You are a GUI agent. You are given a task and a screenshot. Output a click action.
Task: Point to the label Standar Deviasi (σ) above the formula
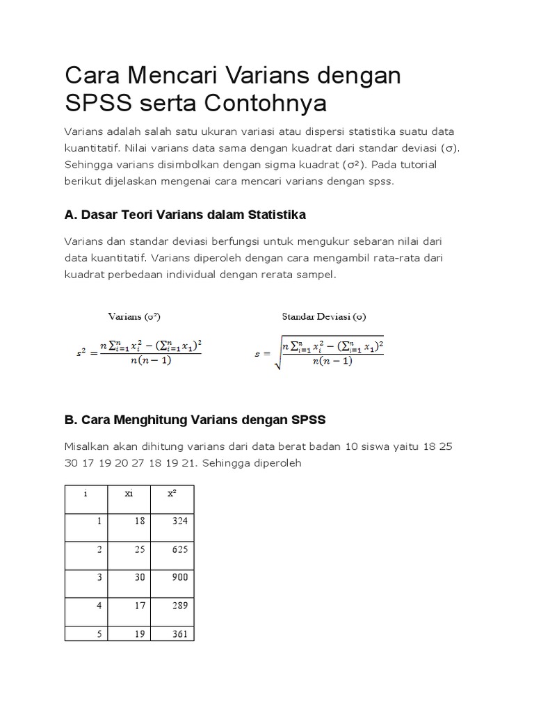tap(323, 316)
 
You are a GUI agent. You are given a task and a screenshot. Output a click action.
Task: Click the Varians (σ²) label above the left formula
tap(135, 316)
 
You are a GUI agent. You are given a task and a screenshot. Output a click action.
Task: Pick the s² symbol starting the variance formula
tap(83, 353)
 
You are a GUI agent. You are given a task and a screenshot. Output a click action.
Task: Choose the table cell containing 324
tap(179, 521)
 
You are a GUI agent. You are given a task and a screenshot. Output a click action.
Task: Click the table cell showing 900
tap(179, 577)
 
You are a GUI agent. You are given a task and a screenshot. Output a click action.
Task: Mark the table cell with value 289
tap(179, 606)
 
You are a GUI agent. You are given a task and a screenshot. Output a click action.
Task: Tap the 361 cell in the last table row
tap(179, 634)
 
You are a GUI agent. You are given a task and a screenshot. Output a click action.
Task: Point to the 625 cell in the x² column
tap(179, 549)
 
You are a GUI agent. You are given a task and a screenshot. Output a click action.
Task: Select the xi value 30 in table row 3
tap(140, 577)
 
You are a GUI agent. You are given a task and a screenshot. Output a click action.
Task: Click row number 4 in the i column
tap(99, 606)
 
